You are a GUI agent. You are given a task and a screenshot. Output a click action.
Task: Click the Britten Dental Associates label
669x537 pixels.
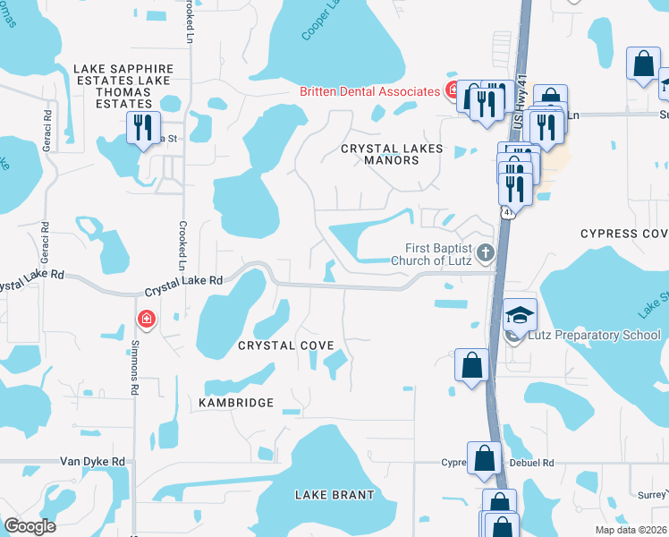(x=369, y=91)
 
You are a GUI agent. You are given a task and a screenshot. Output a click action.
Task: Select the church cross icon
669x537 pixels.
(x=486, y=253)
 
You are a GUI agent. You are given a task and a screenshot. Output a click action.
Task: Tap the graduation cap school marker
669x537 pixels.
(x=520, y=314)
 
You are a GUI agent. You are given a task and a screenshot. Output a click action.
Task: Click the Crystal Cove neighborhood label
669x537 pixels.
(x=286, y=345)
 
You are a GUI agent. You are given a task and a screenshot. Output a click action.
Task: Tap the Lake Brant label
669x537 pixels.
(x=332, y=494)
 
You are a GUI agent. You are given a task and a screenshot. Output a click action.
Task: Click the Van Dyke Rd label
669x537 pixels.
(x=91, y=462)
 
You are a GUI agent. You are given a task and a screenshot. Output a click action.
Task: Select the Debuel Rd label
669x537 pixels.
(x=535, y=463)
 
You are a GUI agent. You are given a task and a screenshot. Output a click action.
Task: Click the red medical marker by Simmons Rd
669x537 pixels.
(x=145, y=319)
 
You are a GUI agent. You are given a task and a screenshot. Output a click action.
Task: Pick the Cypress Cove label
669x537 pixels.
(x=624, y=234)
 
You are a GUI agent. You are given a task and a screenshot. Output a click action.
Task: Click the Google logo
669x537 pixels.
(x=30, y=526)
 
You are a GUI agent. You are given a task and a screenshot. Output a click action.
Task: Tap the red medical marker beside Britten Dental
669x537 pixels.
(x=454, y=90)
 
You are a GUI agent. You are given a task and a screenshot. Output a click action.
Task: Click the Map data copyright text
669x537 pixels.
(x=631, y=528)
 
